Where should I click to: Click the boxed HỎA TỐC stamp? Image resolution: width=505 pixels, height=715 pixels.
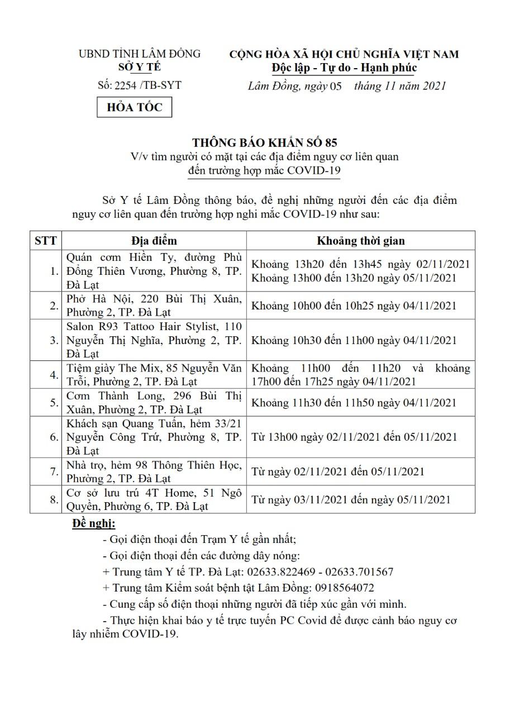click(x=135, y=107)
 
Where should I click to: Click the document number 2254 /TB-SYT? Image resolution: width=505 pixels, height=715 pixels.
click(x=139, y=85)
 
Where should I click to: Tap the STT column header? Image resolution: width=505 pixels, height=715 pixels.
click(x=45, y=241)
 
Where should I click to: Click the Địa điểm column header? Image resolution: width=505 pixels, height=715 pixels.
click(x=154, y=241)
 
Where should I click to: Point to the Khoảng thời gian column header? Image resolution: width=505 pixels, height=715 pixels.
click(x=360, y=241)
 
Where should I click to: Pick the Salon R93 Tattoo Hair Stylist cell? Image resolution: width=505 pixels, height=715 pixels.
click(x=154, y=340)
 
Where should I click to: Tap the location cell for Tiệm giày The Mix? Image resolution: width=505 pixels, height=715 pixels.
click(x=154, y=375)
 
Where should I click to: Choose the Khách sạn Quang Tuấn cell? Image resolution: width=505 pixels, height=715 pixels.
click(x=154, y=437)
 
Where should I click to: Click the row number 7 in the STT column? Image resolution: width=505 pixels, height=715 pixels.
click(x=54, y=472)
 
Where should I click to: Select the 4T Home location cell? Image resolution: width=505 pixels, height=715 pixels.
click(x=154, y=499)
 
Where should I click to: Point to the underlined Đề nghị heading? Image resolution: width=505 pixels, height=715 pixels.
click(x=94, y=523)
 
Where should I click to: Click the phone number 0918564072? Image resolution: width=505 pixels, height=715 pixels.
click(x=345, y=588)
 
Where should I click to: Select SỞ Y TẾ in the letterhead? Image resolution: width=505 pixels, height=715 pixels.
click(x=139, y=67)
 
